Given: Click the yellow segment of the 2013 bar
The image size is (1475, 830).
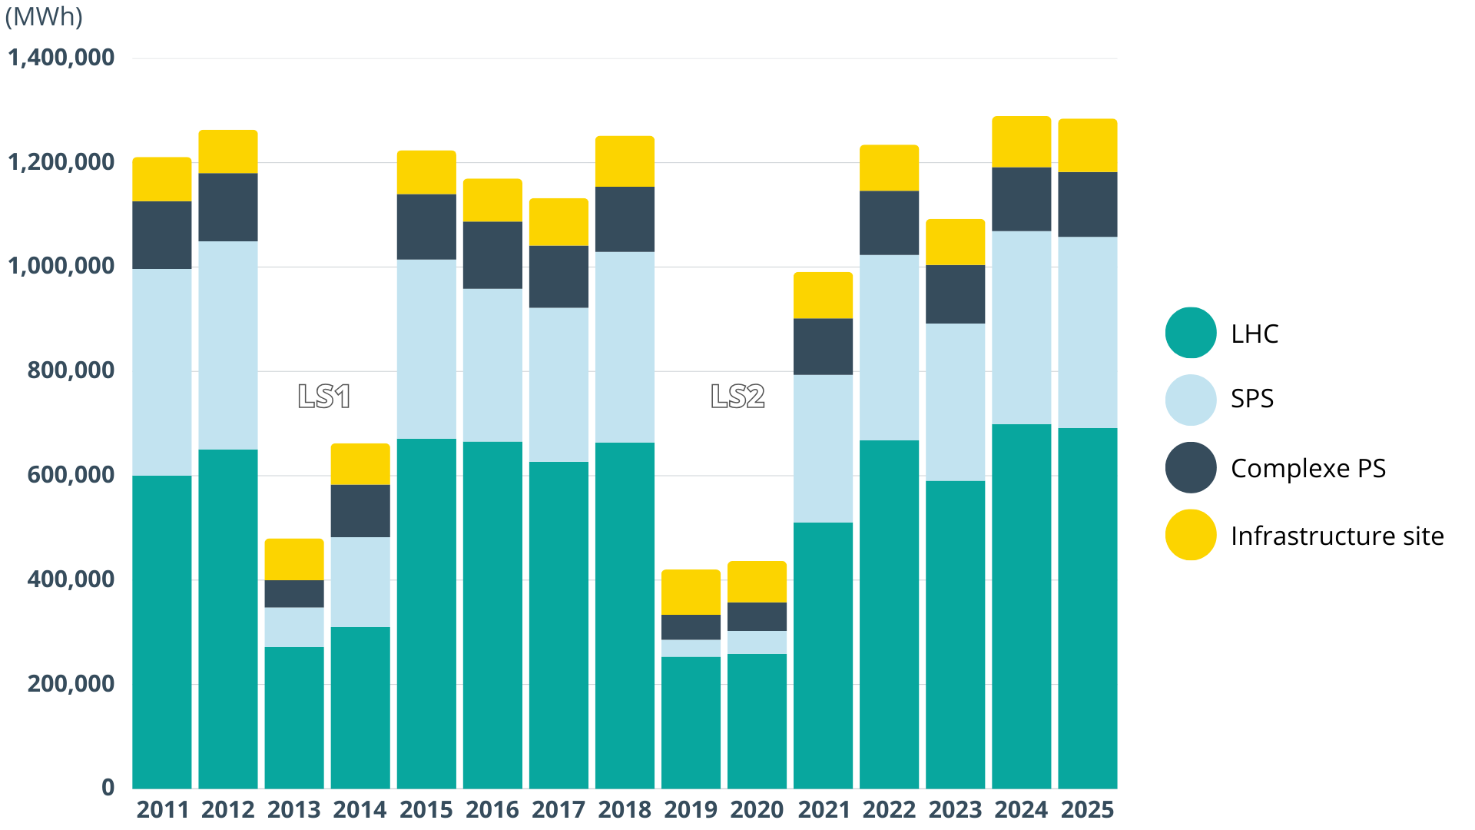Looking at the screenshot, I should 294,559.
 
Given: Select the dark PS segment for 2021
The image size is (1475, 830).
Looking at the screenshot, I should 823,347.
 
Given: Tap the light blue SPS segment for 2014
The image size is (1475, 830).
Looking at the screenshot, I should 360,582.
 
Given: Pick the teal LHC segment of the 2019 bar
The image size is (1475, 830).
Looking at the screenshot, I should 691,722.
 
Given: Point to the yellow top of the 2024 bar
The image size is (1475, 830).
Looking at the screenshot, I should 1021,142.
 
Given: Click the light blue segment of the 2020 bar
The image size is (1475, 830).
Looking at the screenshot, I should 757,642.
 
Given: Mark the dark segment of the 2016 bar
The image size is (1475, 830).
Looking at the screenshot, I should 492,255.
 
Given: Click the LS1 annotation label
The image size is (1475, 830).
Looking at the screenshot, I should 324,397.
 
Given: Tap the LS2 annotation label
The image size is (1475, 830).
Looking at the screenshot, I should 737,397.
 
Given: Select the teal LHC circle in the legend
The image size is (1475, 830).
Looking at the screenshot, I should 1191,333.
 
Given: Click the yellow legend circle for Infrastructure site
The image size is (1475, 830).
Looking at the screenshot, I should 1191,535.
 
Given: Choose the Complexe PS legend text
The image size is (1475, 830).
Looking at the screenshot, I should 1308,468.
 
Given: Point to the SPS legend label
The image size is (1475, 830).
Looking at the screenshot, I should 1252,399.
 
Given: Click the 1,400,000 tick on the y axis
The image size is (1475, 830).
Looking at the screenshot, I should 61,58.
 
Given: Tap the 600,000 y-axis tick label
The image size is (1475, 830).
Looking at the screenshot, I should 71,475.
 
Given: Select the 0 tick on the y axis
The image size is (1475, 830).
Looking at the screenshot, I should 108,787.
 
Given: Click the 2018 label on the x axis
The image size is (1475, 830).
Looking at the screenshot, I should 625,809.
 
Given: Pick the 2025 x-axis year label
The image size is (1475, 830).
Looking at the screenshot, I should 1087,809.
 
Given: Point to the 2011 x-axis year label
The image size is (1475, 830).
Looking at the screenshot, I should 162,809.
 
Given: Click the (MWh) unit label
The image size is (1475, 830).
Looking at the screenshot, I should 44,17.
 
